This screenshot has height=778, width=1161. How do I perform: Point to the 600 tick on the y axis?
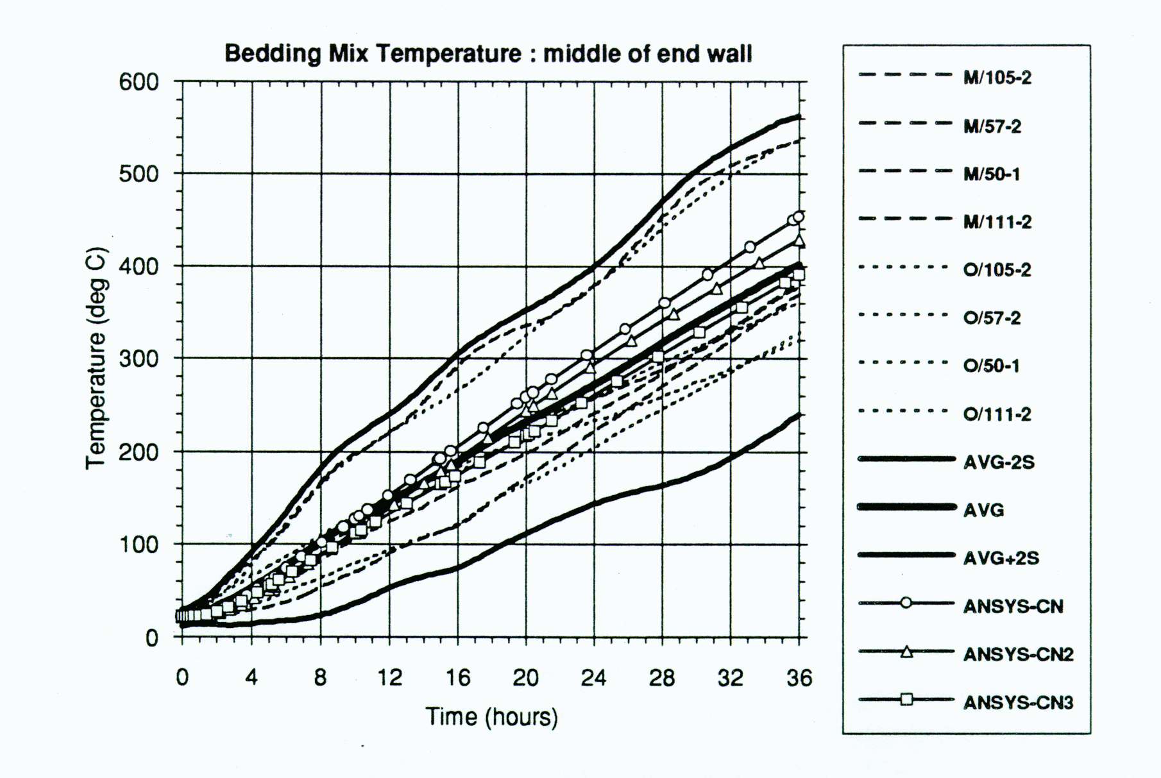point(139,82)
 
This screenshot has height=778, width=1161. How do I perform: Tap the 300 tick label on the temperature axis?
point(139,359)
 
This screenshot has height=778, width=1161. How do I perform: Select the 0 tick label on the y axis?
point(151,638)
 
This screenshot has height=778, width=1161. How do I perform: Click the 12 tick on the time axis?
point(389,678)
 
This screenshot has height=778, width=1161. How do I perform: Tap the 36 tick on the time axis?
point(799,678)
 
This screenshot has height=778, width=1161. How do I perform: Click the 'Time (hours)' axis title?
point(492,716)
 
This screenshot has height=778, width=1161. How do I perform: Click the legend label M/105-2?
point(997,78)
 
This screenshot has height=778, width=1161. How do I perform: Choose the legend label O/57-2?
point(992,318)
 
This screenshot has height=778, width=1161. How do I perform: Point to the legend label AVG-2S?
point(998,462)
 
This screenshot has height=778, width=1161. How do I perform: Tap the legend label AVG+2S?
point(1001,558)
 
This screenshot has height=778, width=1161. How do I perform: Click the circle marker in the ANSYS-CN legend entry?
point(906,604)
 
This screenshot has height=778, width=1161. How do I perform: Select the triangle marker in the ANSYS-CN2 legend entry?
point(906,652)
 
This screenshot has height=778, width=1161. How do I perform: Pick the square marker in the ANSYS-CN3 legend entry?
point(906,700)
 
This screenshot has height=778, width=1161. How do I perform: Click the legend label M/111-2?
point(997,222)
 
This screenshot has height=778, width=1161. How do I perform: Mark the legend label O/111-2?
point(997,414)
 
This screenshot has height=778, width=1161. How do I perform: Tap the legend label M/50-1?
point(991,174)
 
